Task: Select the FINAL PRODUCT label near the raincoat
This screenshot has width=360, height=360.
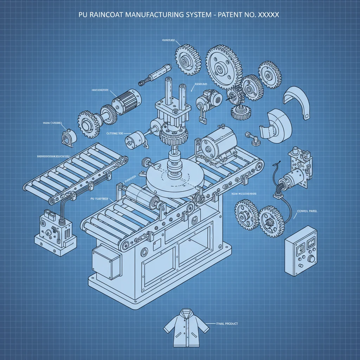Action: (226, 323)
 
